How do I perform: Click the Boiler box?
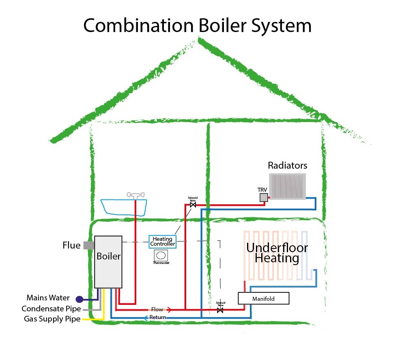coord(108,261)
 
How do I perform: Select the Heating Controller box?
coord(163,241)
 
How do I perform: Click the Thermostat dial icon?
coord(161,256)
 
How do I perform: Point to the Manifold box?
coord(264,299)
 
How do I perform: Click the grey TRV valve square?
coord(264,197)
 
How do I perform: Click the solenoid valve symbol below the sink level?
coord(193,205)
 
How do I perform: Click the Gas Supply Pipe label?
coord(52,319)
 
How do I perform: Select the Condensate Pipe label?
coord(51,309)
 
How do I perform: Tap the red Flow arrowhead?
coord(169,310)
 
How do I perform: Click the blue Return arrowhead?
coord(146,317)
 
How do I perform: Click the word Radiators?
coord(288,165)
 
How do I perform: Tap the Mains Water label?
coord(48,298)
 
